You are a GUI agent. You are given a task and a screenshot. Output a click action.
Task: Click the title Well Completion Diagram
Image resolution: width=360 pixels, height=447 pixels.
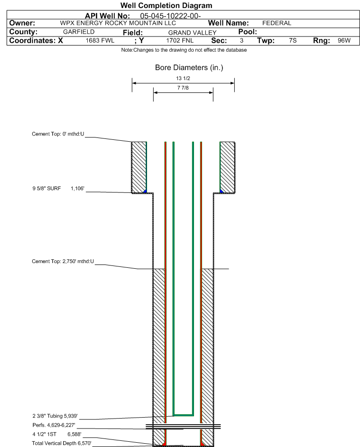point(166,6)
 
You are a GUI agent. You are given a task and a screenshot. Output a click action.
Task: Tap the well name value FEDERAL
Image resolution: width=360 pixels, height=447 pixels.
point(277,23)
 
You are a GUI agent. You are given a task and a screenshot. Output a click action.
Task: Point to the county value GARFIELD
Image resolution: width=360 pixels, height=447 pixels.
point(79,32)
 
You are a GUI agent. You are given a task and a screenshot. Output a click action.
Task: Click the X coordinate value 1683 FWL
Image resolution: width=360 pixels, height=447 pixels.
point(100,41)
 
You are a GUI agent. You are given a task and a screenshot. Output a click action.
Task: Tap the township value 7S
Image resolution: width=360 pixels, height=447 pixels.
point(293,41)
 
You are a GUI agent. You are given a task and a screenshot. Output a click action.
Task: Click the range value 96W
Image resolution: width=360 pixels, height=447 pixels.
point(344,41)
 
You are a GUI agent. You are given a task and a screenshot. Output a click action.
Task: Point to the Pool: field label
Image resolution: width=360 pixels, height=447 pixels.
point(247,32)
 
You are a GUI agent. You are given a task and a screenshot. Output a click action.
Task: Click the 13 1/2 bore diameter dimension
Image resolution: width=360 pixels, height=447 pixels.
point(183,78)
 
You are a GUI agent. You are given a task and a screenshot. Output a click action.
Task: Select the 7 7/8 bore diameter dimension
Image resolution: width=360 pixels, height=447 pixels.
point(183,88)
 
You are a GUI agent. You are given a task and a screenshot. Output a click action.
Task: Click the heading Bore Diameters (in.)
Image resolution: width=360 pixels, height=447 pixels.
point(189,68)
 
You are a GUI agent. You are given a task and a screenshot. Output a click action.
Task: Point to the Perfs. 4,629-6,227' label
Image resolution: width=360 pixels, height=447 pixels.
point(54,425)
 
